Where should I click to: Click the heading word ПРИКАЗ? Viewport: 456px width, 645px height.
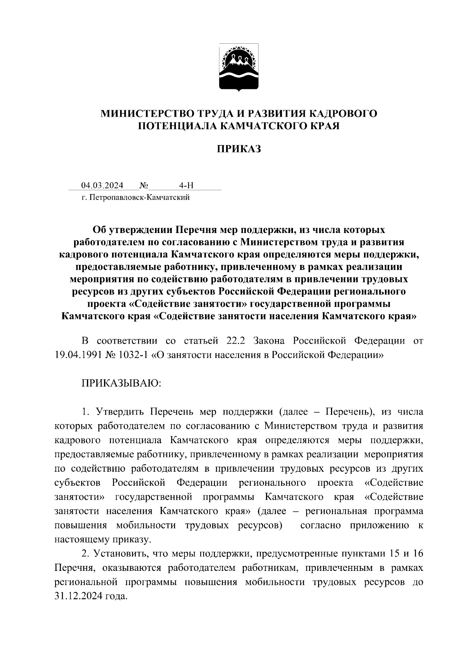239,149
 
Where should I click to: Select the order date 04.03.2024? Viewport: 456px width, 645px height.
102,185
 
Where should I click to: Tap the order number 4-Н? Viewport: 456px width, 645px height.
186,185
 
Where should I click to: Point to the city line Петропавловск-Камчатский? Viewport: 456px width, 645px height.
136,197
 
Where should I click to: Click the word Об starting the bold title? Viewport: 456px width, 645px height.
100,230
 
